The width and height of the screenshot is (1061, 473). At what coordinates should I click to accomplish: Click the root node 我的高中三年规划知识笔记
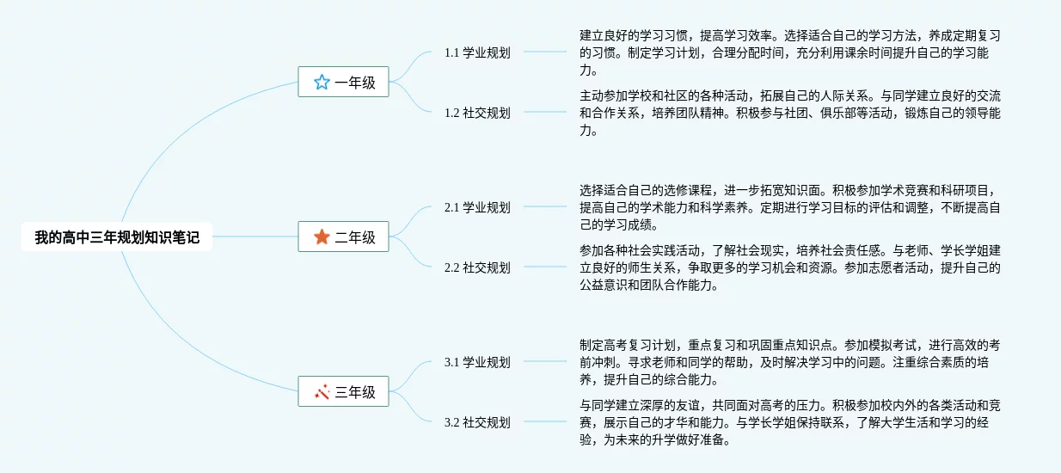[x=117, y=237]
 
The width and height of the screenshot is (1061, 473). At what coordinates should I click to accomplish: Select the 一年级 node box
[x=343, y=83]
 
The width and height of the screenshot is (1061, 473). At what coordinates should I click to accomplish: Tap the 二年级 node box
[x=343, y=236]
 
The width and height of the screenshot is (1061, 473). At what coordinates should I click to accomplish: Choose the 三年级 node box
[x=343, y=392]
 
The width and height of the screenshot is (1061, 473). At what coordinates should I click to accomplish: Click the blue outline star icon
[x=322, y=83]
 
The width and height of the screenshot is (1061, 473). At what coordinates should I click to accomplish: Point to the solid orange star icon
[x=322, y=236]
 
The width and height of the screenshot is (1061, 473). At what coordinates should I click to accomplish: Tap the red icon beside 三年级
[x=322, y=392]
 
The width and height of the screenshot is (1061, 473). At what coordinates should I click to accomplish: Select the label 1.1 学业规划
[x=477, y=52]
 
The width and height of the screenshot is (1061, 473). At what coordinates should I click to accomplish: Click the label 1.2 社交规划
[x=477, y=113]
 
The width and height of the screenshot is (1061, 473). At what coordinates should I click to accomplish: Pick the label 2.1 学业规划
[x=477, y=207]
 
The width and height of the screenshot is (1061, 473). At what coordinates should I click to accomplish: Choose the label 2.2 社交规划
[x=477, y=267]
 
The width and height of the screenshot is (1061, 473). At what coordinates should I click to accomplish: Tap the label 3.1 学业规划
[x=477, y=362]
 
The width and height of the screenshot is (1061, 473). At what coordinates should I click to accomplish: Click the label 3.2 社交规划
[x=477, y=422]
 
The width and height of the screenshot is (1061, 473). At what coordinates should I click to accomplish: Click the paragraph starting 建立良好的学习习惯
[x=789, y=52]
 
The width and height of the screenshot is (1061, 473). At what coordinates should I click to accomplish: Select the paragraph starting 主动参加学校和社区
[x=789, y=113]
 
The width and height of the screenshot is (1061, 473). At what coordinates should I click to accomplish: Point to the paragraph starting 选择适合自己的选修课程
[x=789, y=207]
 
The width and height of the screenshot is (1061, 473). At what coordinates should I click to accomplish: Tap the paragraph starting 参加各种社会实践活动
[x=789, y=267]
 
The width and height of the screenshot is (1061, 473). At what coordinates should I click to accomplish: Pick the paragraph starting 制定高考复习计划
[x=789, y=362]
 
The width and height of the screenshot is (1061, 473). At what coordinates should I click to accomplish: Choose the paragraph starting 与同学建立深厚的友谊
[x=789, y=422]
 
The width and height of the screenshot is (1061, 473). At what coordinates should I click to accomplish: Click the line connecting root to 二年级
[x=255, y=236]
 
